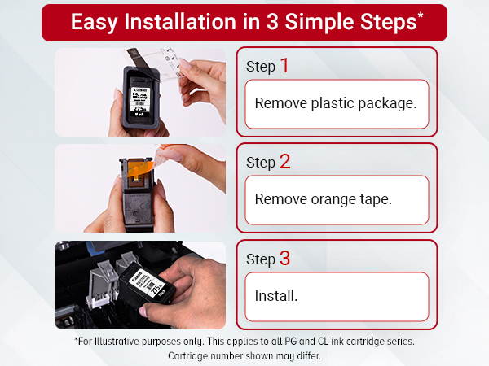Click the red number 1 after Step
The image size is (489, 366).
(284, 65)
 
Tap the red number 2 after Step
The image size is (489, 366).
(284, 161)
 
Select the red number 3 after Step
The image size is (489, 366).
(284, 258)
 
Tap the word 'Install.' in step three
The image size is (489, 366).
(276, 295)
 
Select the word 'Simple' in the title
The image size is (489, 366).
(321, 22)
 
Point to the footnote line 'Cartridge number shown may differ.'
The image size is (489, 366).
(244, 356)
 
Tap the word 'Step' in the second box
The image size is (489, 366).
(261, 163)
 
